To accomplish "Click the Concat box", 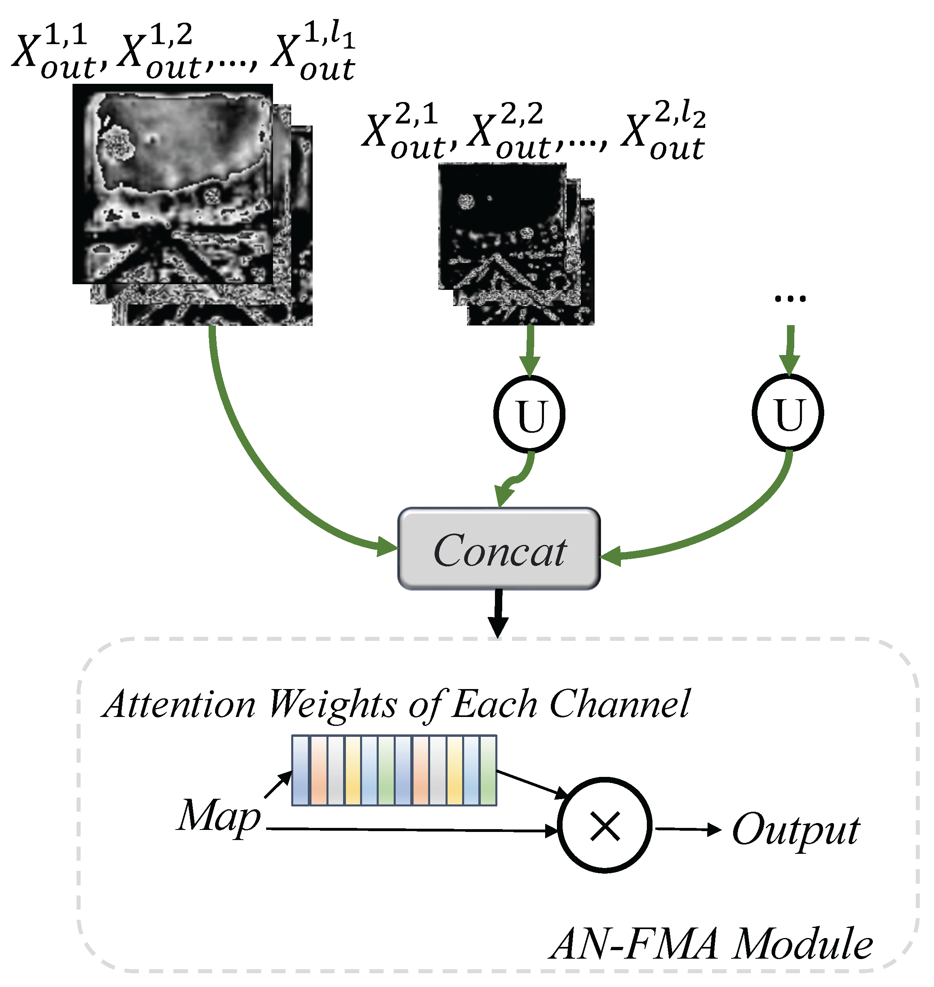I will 499,549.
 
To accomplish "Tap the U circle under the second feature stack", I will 529,415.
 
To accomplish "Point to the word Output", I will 795,830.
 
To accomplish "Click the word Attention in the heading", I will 179,704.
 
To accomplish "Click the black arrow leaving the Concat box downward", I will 498,612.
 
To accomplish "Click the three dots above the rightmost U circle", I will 790,299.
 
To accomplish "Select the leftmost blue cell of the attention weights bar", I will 300,770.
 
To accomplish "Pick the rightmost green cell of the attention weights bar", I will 488,770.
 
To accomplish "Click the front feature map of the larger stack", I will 172,184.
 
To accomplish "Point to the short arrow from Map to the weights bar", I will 278,785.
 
